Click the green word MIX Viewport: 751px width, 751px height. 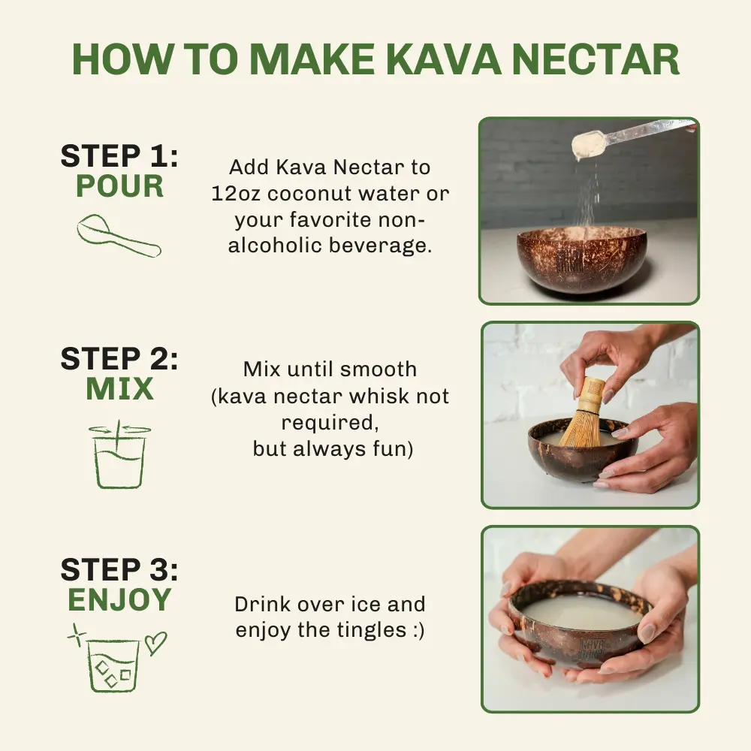(119, 388)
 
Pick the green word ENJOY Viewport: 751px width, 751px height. (119, 599)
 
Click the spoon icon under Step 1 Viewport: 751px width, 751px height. (119, 235)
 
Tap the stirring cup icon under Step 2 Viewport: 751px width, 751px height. (119, 454)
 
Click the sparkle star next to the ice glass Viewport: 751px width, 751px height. (77, 635)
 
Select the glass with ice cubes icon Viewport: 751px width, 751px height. (113, 665)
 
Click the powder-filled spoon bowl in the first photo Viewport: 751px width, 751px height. (587, 146)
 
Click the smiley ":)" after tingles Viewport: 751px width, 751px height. (418, 630)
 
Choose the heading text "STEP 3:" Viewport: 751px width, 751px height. (119, 569)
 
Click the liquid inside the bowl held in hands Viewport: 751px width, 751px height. (581, 612)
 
